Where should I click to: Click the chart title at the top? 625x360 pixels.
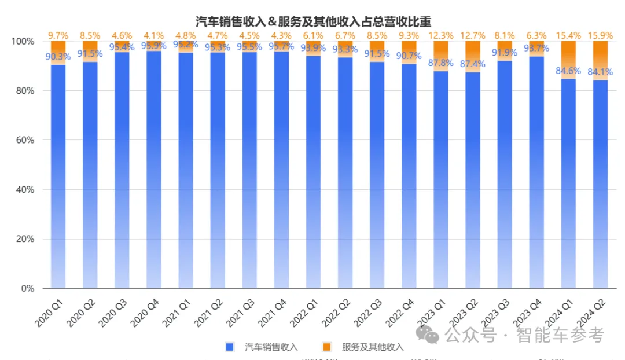(x=313, y=22)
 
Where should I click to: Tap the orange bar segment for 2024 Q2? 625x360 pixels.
(x=600, y=60)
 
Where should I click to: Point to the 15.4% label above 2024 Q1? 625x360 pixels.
(x=568, y=36)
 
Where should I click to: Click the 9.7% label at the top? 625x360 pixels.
(x=58, y=36)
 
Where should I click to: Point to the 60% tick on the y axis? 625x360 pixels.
(x=24, y=140)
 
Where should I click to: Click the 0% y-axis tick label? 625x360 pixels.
(x=28, y=288)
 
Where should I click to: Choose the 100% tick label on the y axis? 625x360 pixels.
(x=23, y=42)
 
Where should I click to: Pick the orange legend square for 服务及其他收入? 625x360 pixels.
(x=327, y=347)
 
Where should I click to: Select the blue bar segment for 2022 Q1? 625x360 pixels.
(x=313, y=174)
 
